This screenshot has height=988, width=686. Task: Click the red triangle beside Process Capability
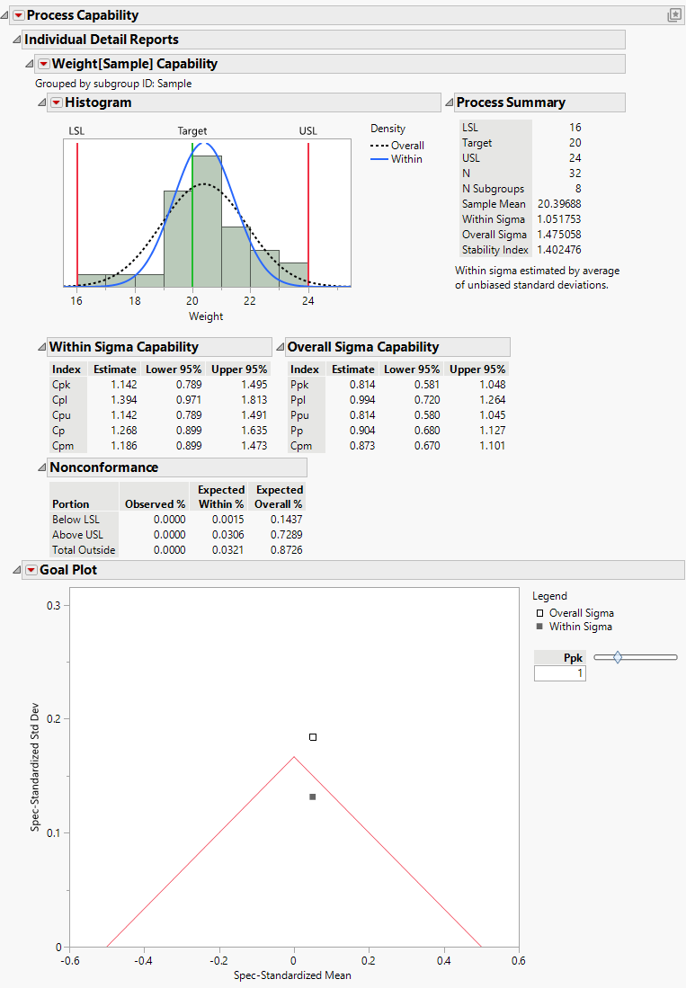18,15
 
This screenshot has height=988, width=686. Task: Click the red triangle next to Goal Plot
31,570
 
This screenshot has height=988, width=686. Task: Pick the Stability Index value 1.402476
558,250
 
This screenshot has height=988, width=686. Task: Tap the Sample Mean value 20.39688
558,204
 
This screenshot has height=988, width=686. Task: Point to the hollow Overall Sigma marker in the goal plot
313,737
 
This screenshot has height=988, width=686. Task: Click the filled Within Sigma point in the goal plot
313,797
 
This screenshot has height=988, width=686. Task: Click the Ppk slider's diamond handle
618,658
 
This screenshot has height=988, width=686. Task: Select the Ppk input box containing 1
559,673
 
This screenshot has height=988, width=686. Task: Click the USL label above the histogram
307,131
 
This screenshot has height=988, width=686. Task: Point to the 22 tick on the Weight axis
250,300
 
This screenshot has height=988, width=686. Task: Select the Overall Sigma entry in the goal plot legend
581,613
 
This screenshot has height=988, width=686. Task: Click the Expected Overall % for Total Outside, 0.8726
284,550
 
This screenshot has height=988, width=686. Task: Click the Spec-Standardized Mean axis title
292,975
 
